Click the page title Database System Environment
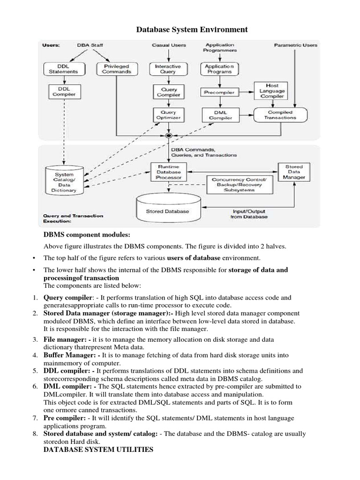[192, 30]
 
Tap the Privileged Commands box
[116, 69]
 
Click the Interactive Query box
[167, 69]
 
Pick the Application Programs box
[218, 69]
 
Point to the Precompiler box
[219, 92]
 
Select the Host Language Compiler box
[271, 90]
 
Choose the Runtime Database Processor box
[167, 172]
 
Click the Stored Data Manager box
[294, 172]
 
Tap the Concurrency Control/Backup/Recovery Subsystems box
[239, 185]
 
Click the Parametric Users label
[295, 45]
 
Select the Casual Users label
[169, 45]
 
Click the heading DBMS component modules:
[87, 234]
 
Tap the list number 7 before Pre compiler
[35, 418]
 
